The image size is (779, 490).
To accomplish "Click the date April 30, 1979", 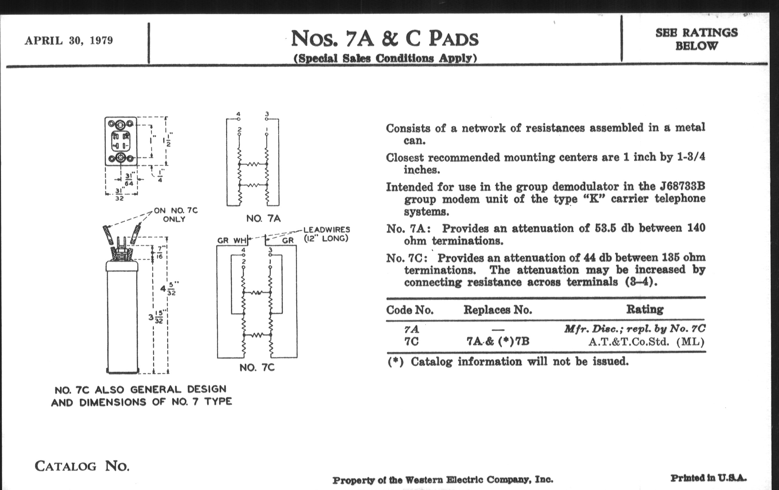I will [x=69, y=41].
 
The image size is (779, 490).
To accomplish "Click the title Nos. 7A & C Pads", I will [x=385, y=38].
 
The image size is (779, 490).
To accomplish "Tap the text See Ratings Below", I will [x=696, y=39].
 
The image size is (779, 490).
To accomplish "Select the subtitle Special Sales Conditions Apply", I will [x=385, y=58].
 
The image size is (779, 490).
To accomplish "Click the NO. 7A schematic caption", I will [x=263, y=219].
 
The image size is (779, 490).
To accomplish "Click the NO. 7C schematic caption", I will [x=257, y=368].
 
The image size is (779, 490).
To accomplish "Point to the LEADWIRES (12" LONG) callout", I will [x=326, y=234].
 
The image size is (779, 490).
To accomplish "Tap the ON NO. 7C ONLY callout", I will [x=175, y=215].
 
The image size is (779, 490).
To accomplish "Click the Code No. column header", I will [x=410, y=310].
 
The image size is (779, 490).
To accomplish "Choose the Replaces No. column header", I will [x=497, y=310].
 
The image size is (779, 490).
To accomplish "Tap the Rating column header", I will [x=645, y=309].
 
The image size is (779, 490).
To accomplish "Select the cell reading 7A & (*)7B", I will [x=497, y=341].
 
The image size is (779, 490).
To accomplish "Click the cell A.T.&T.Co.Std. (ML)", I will [x=646, y=342].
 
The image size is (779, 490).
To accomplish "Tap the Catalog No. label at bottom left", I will [x=82, y=466].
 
